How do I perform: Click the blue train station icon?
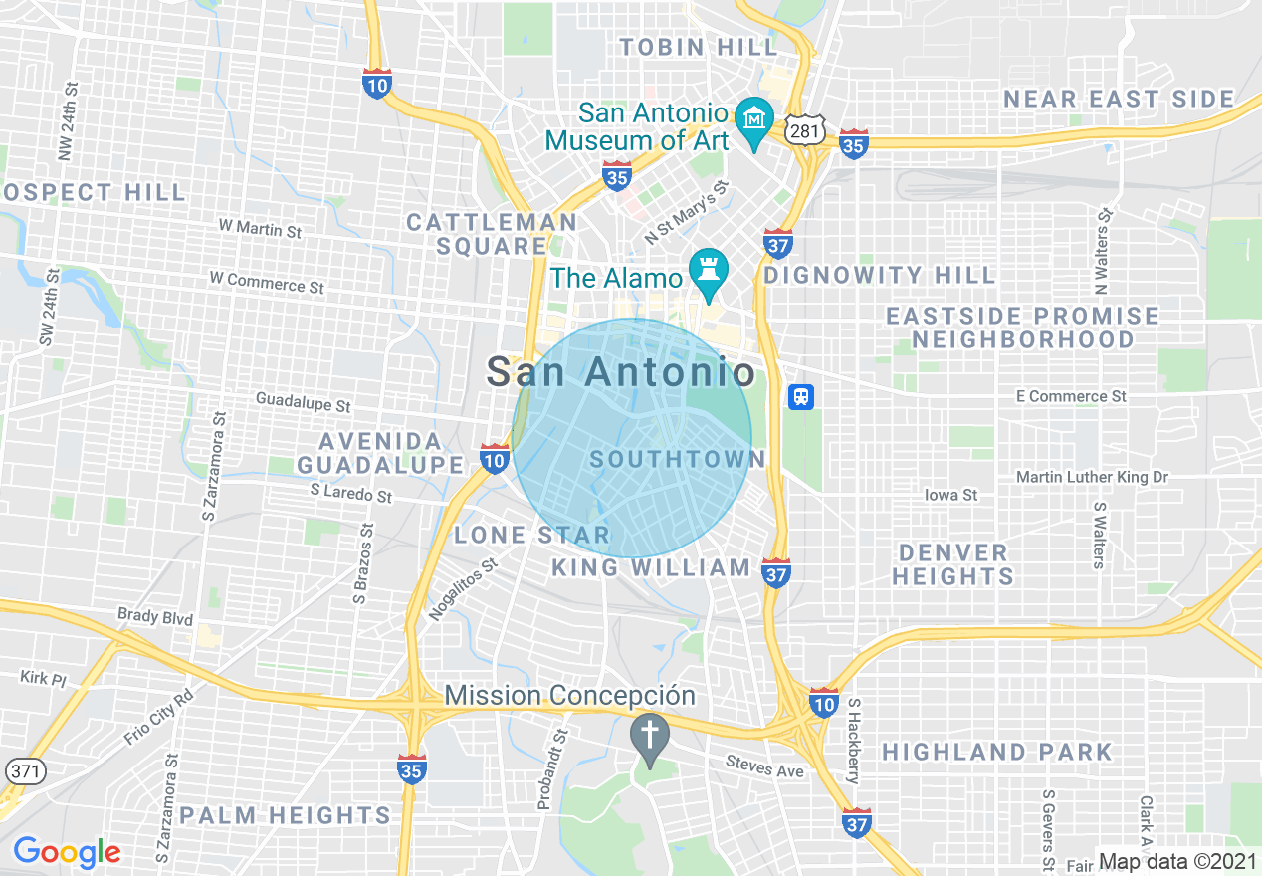(801, 397)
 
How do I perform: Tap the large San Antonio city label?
(620, 372)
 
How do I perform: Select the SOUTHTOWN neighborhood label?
(678, 459)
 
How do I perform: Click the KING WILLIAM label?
(651, 567)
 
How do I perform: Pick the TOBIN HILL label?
(698, 47)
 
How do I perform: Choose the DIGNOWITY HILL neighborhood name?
(879, 275)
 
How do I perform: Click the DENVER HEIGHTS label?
(952, 564)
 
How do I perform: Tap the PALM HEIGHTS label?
(286, 816)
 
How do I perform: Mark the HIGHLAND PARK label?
(996, 752)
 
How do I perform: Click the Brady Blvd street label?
(155, 617)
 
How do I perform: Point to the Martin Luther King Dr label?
(1092, 478)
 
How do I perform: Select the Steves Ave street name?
(764, 770)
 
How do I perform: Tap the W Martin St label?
(260, 228)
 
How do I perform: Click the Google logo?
(67, 852)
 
